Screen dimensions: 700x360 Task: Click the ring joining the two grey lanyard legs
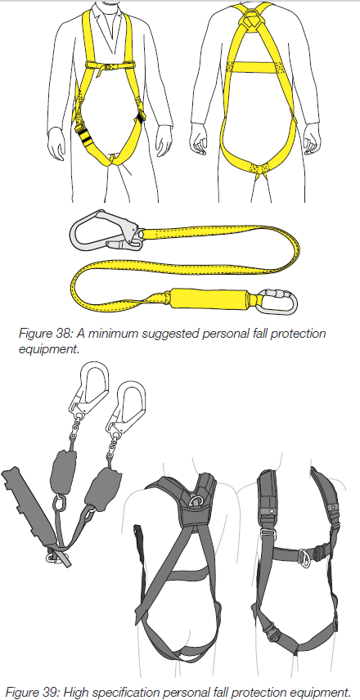59,505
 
